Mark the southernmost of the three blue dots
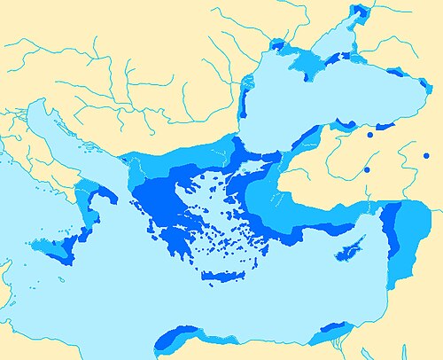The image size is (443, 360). pyautogui.click(x=367, y=168)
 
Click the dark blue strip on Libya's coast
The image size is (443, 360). pyautogui.click(x=177, y=334)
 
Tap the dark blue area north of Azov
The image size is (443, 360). pyautogui.click(x=358, y=11)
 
